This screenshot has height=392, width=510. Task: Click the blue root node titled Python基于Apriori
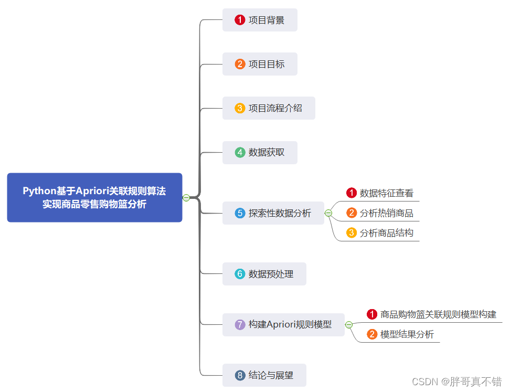pos(94,197)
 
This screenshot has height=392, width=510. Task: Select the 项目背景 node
pos(260,20)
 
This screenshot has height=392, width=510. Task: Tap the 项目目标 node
pos(260,64)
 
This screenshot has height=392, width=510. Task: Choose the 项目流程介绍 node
pos(269,108)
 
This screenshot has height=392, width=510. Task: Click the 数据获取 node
pos(260,153)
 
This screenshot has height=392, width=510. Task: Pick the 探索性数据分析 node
pos(273,213)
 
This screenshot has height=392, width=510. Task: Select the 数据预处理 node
pos(264,274)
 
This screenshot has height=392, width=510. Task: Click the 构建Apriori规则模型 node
pos(283,324)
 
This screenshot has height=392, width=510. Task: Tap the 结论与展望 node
pos(264,375)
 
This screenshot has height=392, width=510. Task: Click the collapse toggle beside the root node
pos(186,197)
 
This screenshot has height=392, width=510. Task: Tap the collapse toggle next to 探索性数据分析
pos(328,213)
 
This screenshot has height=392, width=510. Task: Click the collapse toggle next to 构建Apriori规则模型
pos(349,325)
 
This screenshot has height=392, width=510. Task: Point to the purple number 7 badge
pos(240,324)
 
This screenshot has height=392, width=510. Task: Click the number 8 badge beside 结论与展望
pos(240,375)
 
